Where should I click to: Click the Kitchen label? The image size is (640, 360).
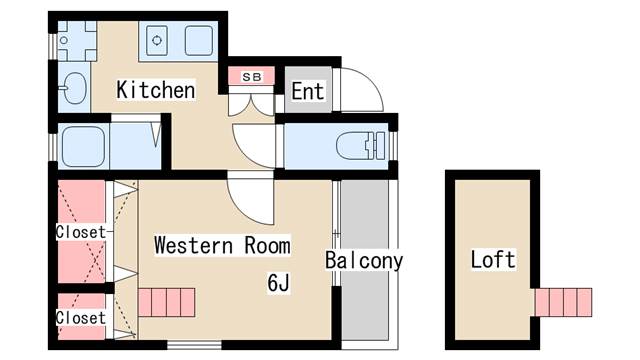point(155,90)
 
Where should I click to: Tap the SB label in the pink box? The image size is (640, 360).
point(251,76)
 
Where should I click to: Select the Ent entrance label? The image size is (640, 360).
point(307,92)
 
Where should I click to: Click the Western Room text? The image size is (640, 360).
point(222,245)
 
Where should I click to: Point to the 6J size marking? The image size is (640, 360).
point(278,283)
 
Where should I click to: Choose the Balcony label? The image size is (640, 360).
point(364,262)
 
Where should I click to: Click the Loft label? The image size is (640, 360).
point(492,261)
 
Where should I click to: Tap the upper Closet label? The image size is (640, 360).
point(80,232)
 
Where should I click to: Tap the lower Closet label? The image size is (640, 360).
point(80,318)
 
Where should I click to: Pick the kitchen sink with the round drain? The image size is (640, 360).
point(160,42)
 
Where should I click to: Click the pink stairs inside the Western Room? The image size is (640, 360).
point(166,301)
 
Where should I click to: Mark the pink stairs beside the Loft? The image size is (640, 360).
point(563,301)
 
